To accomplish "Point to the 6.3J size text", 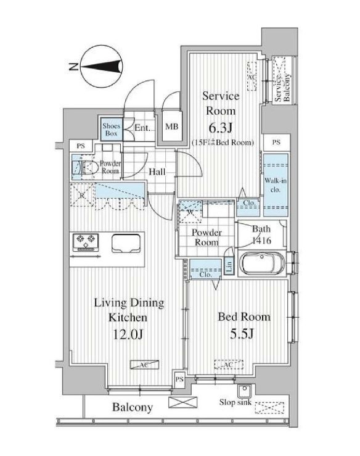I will (x=219, y=128).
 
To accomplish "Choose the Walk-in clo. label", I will (x=274, y=185).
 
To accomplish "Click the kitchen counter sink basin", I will (x=126, y=243).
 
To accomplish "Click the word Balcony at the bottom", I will (x=133, y=408).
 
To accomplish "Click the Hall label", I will (x=157, y=172).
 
